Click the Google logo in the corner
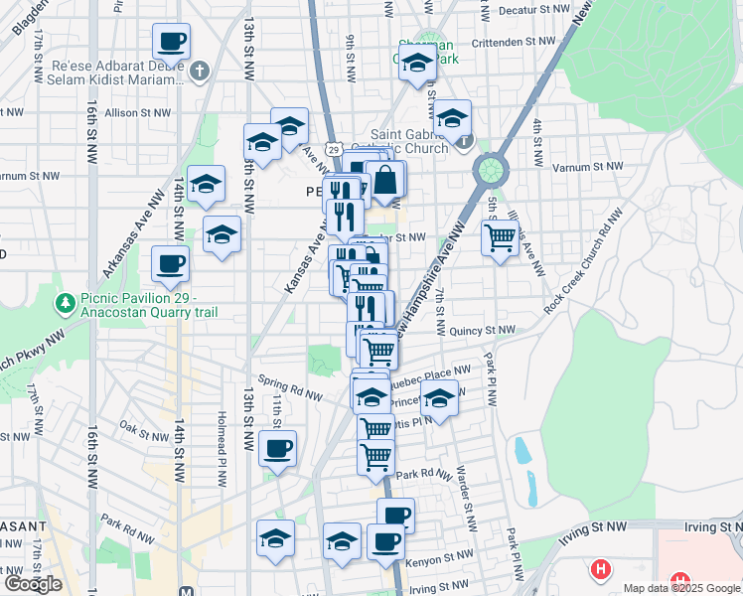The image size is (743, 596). click(x=33, y=584)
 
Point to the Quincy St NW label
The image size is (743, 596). click(x=483, y=331)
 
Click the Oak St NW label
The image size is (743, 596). click(x=143, y=433)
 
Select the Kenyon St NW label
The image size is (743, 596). click(x=444, y=556)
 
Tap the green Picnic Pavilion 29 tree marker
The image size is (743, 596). click(x=66, y=301)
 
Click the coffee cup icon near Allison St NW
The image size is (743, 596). click(x=171, y=43)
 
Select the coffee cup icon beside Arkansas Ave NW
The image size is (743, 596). click(x=170, y=265)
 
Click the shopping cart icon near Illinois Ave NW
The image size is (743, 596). click(x=500, y=237)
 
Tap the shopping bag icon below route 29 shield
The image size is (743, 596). click(x=385, y=181)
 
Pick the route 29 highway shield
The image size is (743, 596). click(x=334, y=149)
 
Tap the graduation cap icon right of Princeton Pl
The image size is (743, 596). click(x=438, y=399)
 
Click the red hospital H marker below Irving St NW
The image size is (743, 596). click(x=600, y=569)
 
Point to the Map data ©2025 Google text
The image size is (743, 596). click(x=681, y=588)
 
